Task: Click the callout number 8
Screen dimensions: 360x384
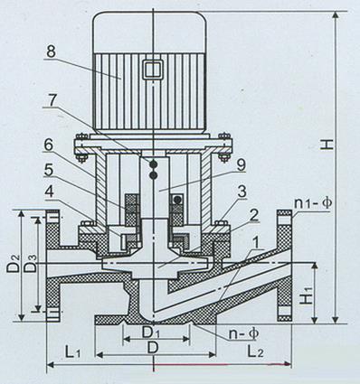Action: (x=51, y=52)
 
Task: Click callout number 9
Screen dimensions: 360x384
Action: (x=241, y=164)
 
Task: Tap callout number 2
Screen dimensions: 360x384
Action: (x=253, y=216)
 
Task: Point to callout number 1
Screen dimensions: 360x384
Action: (x=256, y=242)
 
